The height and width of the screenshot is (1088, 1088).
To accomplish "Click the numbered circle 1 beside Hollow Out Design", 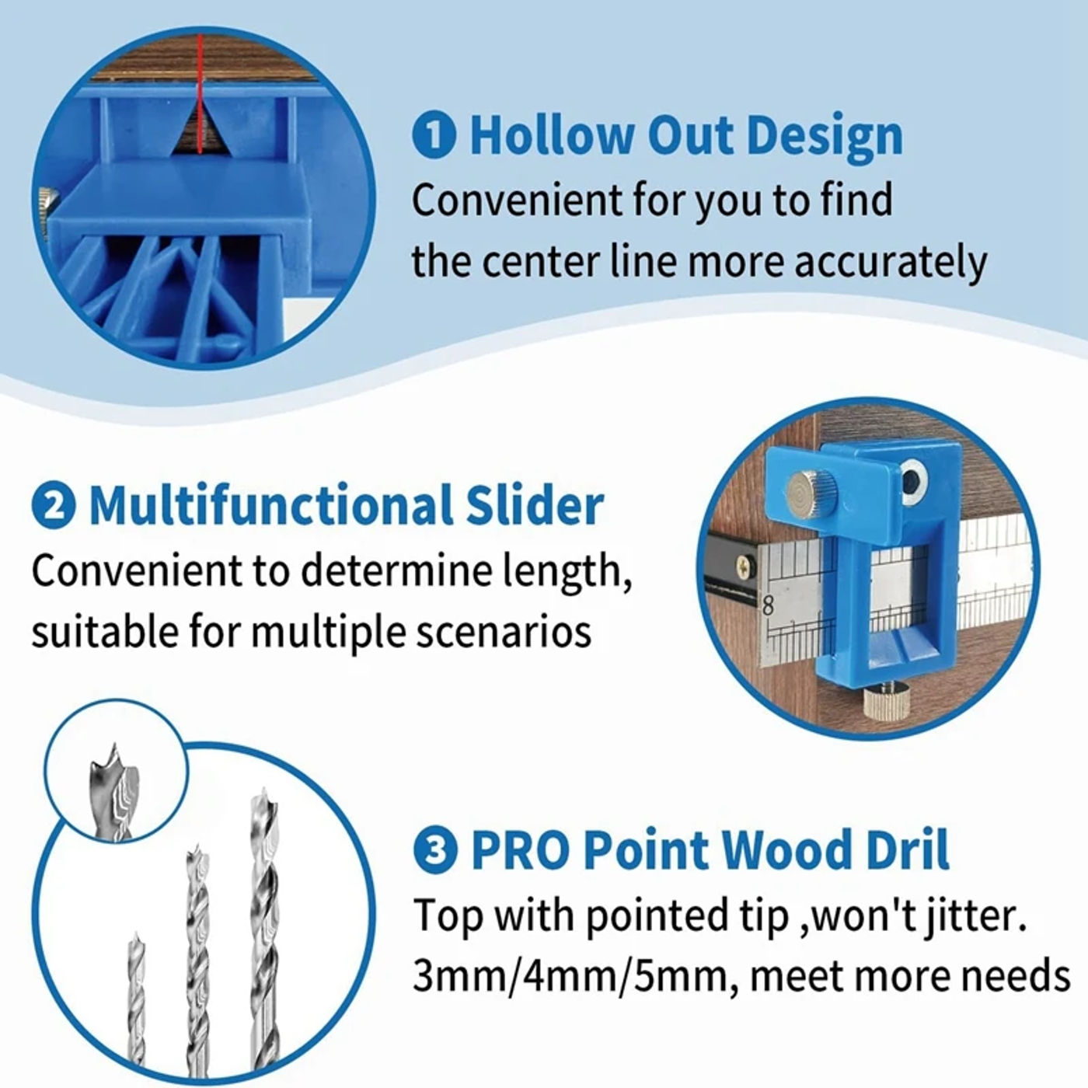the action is click(434, 136).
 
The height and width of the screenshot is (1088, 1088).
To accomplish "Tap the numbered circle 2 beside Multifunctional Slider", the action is click(54, 506).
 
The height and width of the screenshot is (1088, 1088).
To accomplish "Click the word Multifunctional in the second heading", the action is click(271, 505).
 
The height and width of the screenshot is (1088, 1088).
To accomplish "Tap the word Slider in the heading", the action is click(534, 505).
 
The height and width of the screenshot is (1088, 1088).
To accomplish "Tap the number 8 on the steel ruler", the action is click(767, 607).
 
